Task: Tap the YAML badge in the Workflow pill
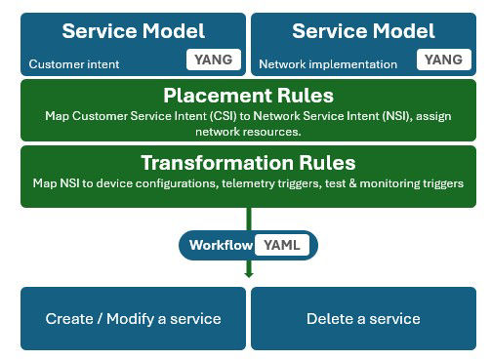(282, 245)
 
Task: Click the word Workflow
(221, 245)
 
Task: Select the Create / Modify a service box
(133, 318)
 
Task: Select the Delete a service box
(363, 318)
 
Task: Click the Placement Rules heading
(248, 97)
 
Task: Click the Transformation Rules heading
(248, 162)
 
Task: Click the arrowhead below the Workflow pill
(248, 273)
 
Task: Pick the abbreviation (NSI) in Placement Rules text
(362, 115)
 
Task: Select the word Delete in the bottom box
(326, 318)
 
